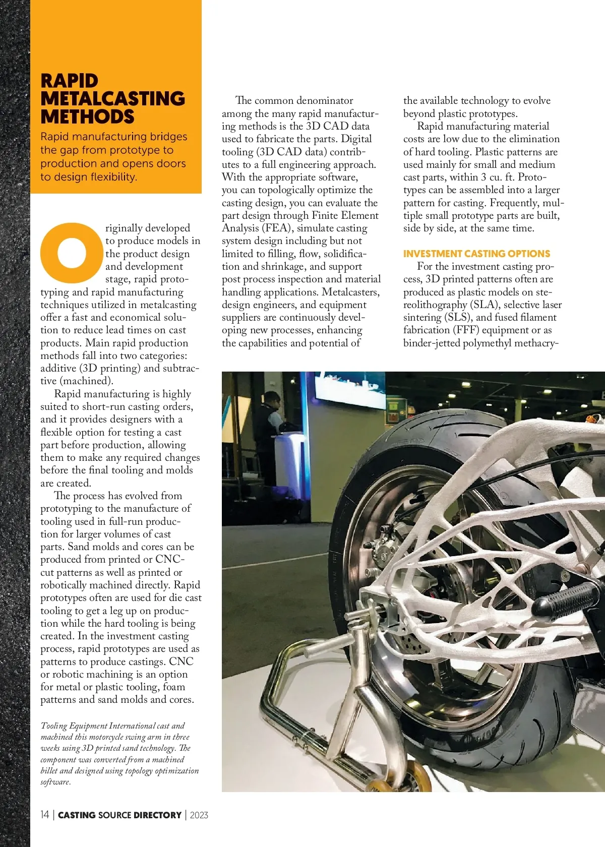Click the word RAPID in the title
click(x=69, y=81)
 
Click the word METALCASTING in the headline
click(x=113, y=99)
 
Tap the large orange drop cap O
click(x=72, y=252)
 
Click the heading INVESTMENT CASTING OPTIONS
click(x=476, y=254)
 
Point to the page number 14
click(x=45, y=815)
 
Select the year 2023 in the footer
click(x=199, y=815)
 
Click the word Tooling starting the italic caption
click(x=53, y=726)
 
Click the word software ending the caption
click(x=55, y=782)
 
